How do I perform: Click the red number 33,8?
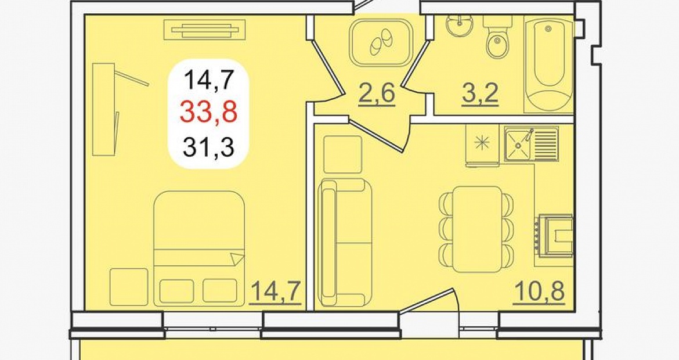pyautogui.click(x=209, y=112)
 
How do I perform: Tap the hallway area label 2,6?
pyautogui.click(x=376, y=93)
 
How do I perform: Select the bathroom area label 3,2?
pyautogui.click(x=481, y=93)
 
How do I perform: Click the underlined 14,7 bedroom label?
pyautogui.click(x=276, y=291)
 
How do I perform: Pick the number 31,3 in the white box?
pyautogui.click(x=209, y=146)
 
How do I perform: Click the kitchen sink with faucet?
pyautogui.click(x=531, y=144)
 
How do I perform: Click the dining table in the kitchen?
pyautogui.click(x=476, y=229)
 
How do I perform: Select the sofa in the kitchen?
pyautogui.click(x=345, y=243)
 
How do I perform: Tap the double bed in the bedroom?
pyautogui.click(x=199, y=249)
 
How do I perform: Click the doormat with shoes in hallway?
pyautogui.click(x=381, y=42)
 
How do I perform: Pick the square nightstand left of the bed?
pyautogui.click(x=129, y=287)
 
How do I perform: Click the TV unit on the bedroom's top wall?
pyautogui.click(x=205, y=30)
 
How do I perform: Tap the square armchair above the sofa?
pyautogui.click(x=342, y=154)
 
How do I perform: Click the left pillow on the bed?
pyautogui.click(x=176, y=291)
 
